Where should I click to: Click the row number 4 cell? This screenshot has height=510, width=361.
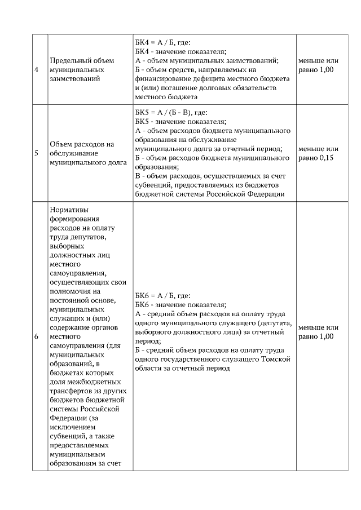pyautogui.click(x=37, y=69)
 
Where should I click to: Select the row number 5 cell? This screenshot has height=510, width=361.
pyautogui.click(x=37, y=153)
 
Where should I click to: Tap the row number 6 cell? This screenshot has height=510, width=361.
pyautogui.click(x=37, y=336)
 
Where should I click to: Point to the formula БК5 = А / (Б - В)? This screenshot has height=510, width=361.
pyautogui.click(x=171, y=112)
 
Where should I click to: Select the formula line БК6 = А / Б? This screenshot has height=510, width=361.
pyautogui.click(x=163, y=295)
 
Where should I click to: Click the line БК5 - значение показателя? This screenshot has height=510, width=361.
pyautogui.click(x=180, y=121)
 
